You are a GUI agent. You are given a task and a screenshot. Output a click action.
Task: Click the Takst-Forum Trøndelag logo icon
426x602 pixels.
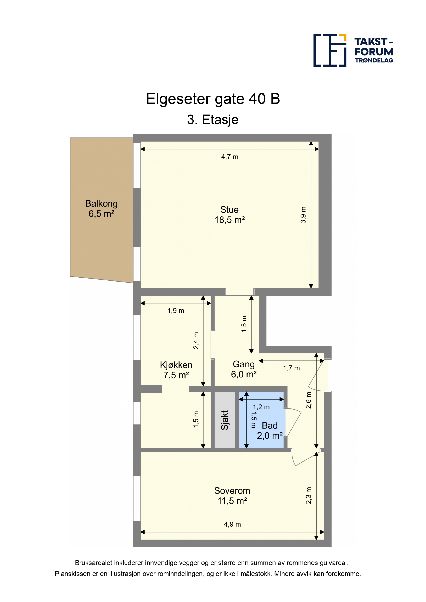(x=330, y=50)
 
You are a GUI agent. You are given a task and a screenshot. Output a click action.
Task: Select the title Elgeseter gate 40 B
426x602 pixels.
(x=213, y=99)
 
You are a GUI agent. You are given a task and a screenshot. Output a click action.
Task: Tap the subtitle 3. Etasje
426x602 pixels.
(x=213, y=120)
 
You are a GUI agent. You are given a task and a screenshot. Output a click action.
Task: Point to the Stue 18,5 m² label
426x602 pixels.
(x=230, y=214)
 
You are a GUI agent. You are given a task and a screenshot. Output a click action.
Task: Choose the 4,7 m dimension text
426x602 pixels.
(x=230, y=157)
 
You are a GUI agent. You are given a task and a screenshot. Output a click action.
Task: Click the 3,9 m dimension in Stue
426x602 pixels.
(x=303, y=215)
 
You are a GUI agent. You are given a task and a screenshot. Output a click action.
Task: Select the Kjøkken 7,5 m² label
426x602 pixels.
(x=176, y=370)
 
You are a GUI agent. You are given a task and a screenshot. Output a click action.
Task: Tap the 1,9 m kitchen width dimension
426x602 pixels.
(x=176, y=311)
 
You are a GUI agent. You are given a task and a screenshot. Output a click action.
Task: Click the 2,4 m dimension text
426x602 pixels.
(x=196, y=341)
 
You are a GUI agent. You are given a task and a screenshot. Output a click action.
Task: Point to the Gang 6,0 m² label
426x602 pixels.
(x=244, y=369)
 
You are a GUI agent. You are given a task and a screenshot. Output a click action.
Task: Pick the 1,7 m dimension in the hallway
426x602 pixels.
(x=291, y=368)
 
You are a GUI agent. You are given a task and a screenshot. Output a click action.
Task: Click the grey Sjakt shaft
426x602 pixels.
(x=225, y=420)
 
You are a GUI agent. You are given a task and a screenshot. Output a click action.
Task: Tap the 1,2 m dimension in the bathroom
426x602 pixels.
(x=261, y=407)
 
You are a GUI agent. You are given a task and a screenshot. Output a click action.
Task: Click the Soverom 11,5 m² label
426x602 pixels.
(x=232, y=496)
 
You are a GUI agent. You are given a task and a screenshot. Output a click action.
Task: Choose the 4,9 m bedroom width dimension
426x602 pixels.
(x=232, y=524)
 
